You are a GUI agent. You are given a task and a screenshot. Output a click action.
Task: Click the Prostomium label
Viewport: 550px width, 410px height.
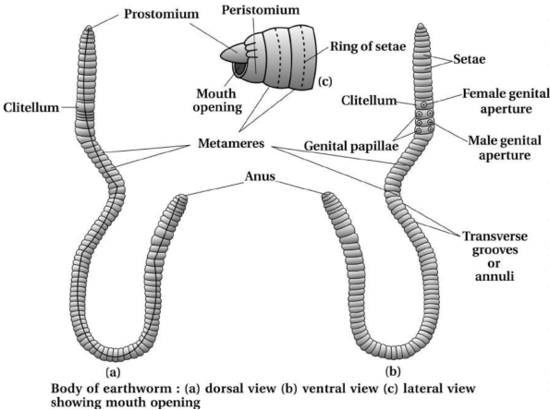click(162, 14)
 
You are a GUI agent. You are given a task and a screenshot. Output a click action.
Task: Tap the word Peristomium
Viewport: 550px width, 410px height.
click(261, 10)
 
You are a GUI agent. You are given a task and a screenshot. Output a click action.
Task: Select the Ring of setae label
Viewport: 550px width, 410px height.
click(368, 46)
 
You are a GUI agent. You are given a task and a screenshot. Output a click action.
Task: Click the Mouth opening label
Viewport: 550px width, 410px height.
click(217, 101)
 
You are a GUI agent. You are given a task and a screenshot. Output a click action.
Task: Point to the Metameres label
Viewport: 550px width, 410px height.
click(231, 143)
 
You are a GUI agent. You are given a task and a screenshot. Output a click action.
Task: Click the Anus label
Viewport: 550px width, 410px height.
click(260, 176)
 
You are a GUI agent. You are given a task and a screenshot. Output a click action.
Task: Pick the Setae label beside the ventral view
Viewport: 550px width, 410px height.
click(470, 59)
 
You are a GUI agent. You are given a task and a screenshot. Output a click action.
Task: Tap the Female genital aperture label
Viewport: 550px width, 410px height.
click(506, 101)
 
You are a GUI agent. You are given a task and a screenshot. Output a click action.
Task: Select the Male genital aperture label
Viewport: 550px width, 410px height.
click(505, 148)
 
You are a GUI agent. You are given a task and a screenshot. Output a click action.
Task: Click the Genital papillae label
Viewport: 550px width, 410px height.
click(351, 146)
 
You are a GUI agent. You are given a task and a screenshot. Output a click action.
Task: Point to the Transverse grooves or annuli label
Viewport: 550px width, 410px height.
click(495, 256)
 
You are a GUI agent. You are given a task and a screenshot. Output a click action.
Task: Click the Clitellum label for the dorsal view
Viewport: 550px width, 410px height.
click(31, 107)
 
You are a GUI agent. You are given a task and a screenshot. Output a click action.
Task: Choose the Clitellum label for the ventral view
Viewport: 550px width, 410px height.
click(369, 101)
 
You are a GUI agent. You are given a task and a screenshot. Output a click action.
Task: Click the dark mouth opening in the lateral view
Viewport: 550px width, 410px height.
click(240, 68)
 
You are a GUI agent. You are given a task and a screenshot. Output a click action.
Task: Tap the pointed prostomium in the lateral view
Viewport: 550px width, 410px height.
click(233, 53)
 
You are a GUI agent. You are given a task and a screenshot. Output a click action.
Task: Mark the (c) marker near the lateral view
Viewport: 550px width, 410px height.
click(324, 81)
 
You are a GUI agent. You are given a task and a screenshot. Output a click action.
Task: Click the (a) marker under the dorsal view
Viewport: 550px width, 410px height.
click(113, 371)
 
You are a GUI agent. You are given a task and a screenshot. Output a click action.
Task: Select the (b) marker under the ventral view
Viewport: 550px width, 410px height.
click(393, 371)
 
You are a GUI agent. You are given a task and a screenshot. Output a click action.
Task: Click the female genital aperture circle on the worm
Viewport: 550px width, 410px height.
click(423, 104)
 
